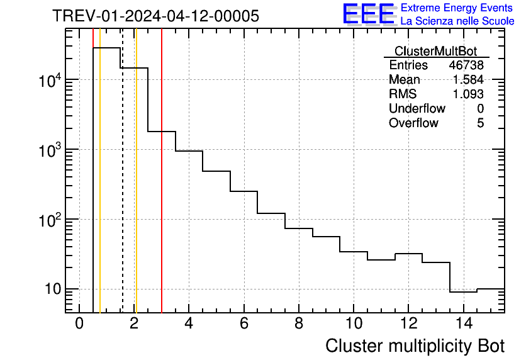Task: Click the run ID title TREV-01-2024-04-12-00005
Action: coord(155,16)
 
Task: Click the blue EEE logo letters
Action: coord(369,14)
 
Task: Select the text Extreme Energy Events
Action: coord(457,8)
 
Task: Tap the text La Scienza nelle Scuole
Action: coord(457,21)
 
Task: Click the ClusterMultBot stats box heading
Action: coord(435,51)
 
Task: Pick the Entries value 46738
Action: coord(466,65)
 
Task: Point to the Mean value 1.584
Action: coord(468,80)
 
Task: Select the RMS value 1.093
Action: coord(468,94)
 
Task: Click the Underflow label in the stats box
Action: coord(417,108)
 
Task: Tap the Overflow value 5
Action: coord(480,123)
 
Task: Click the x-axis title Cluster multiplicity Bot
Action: coord(415,346)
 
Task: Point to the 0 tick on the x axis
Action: coord(79,323)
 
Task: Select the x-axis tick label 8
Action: coord(299,323)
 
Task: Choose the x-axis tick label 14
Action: coord(463,323)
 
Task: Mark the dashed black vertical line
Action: coord(122,189)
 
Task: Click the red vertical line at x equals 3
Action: coord(162,189)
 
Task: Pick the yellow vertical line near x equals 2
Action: coord(136,189)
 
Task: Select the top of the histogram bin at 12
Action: coord(408,254)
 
